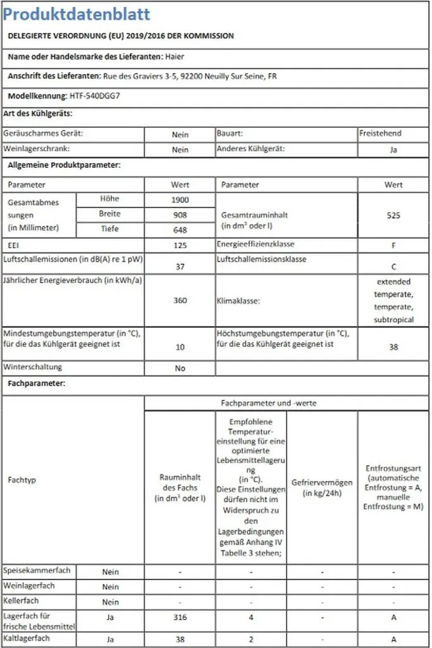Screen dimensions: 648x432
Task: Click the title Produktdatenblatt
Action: pyautogui.click(x=76, y=15)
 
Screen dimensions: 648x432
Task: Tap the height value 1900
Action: pyautogui.click(x=180, y=200)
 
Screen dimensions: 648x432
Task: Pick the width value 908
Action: pyautogui.click(x=180, y=215)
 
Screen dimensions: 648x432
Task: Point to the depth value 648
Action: pyautogui.click(x=180, y=230)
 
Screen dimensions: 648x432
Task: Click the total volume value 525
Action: pyautogui.click(x=393, y=215)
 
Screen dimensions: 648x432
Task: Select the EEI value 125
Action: pyautogui.click(x=180, y=245)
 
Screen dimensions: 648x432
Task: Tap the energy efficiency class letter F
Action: pyautogui.click(x=393, y=245)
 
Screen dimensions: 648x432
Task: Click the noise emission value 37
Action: pyautogui.click(x=180, y=266)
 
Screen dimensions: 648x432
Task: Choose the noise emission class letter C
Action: pyautogui.click(x=393, y=266)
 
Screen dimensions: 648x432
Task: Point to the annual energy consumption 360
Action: pyautogui.click(x=180, y=301)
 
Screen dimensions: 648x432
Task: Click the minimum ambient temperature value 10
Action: pyautogui.click(x=180, y=347)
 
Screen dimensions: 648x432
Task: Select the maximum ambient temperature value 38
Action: pyautogui.click(x=393, y=347)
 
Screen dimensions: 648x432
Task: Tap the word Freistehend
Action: pyautogui.click(x=380, y=134)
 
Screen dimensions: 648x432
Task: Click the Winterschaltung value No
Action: pyautogui.click(x=180, y=368)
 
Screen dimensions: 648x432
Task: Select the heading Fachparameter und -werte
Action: pyautogui.click(x=268, y=403)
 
